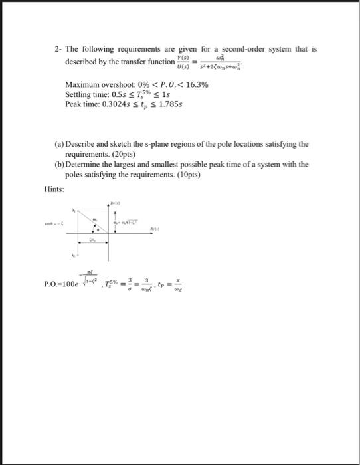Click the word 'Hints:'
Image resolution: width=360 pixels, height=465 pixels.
tap(54, 189)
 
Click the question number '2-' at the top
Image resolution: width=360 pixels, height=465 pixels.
tap(59, 49)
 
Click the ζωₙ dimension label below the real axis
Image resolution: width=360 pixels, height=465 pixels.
tap(94, 242)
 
